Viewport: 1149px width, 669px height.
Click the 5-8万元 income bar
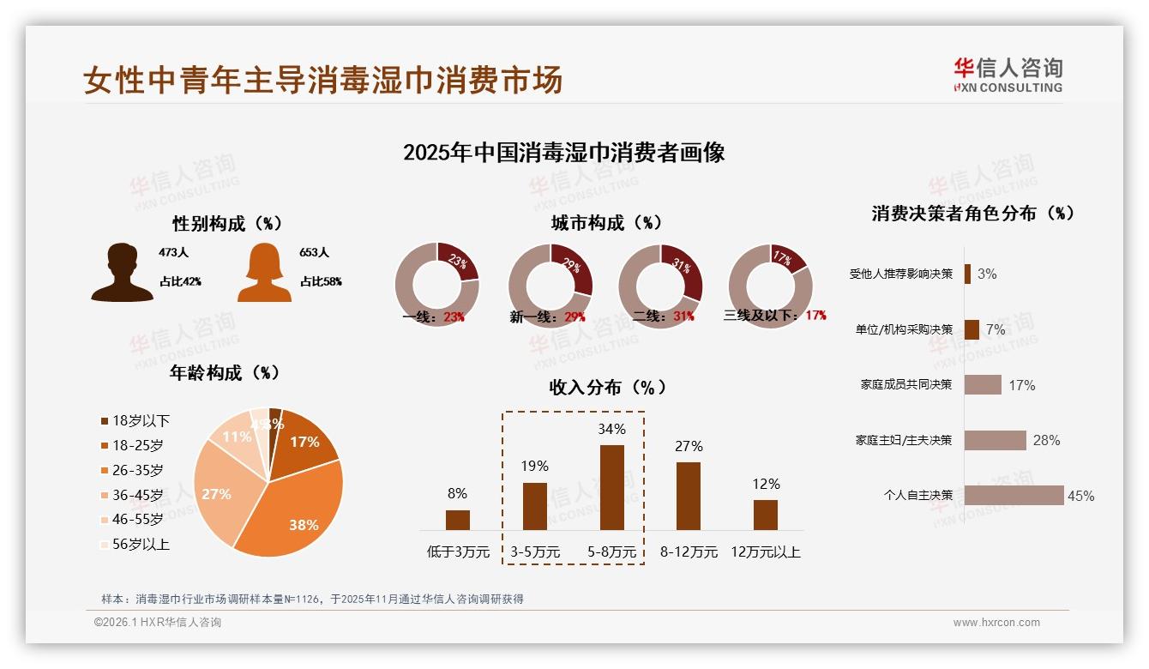(611, 487)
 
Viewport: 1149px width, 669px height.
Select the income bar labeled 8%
(458, 520)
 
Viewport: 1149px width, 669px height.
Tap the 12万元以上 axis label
(765, 552)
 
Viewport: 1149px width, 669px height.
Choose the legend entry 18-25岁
(137, 445)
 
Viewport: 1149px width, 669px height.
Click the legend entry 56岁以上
(141, 544)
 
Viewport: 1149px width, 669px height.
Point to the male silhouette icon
(122, 272)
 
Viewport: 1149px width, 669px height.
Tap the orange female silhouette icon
(264, 274)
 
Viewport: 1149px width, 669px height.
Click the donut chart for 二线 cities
(660, 286)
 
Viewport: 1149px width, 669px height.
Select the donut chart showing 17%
(770, 286)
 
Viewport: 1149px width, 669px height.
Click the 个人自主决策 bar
(1014, 495)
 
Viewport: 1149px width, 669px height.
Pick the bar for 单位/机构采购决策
(972, 329)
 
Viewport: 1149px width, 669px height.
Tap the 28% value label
(1046, 440)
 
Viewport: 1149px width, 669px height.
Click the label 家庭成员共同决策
(906, 384)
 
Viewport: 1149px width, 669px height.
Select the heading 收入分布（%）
(607, 387)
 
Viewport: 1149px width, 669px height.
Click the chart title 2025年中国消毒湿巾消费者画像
(563, 153)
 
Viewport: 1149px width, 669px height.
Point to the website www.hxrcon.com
(996, 623)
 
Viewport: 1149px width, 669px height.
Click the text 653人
(315, 253)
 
